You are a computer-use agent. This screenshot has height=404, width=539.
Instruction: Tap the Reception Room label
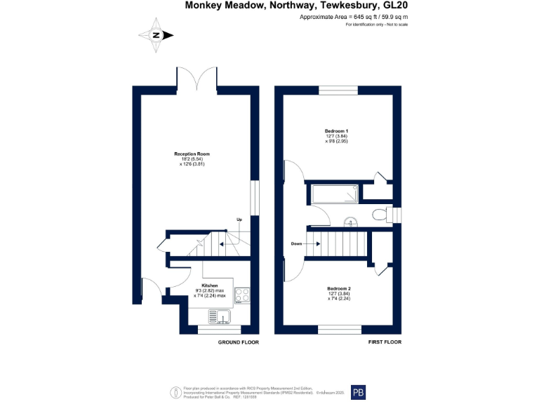tap(192, 154)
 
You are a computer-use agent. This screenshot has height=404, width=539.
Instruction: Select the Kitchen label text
tap(210, 286)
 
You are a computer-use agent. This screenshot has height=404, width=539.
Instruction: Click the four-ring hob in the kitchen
tap(243, 295)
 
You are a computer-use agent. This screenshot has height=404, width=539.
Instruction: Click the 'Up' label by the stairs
tap(239, 220)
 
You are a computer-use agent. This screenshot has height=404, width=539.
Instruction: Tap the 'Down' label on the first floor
tap(297, 243)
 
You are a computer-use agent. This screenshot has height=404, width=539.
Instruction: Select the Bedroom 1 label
tap(336, 131)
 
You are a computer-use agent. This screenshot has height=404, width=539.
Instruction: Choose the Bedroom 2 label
tap(338, 288)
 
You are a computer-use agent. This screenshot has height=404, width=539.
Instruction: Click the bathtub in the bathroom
tap(335, 194)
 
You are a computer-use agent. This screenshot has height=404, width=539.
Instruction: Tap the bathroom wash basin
tap(350, 223)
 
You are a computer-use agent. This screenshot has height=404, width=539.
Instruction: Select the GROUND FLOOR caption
tap(238, 342)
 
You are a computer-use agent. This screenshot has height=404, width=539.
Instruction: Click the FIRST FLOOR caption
tap(385, 342)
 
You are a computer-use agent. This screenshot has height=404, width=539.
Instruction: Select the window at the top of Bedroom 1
tap(338, 90)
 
